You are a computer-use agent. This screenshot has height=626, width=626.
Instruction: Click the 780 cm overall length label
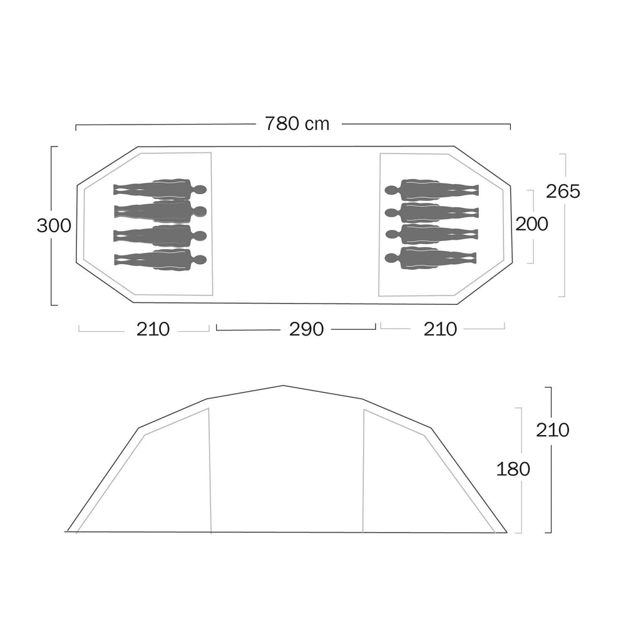[297, 124]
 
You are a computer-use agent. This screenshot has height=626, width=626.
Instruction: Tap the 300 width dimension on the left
[54, 226]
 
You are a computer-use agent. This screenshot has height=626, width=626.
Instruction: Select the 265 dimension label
[563, 192]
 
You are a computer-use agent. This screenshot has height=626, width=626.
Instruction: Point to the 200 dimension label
[531, 224]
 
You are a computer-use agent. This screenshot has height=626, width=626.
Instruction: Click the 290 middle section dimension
[306, 329]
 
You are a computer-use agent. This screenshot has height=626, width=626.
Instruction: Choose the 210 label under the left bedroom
[153, 329]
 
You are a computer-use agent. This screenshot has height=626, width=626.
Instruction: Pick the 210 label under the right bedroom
[440, 329]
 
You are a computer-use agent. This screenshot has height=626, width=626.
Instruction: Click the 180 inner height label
[513, 469]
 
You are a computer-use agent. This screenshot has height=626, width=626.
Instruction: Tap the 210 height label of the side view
[553, 430]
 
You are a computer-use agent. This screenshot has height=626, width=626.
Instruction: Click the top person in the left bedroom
[160, 189]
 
